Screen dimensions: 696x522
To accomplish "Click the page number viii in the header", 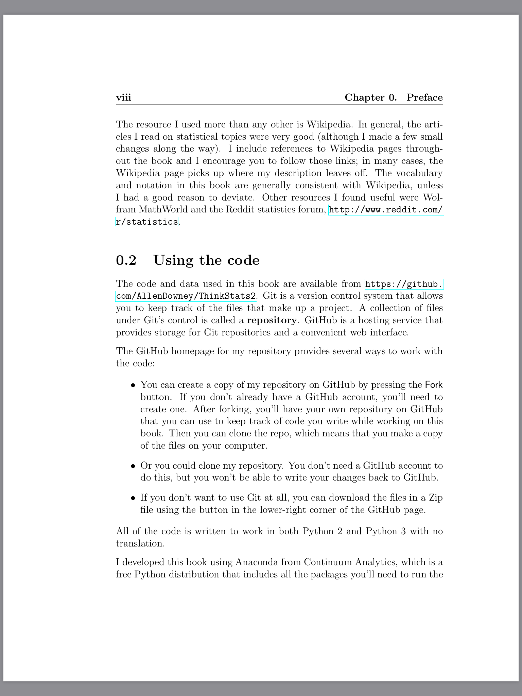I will pyautogui.click(x=123, y=98).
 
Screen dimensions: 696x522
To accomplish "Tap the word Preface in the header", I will pyautogui.click(x=424, y=98).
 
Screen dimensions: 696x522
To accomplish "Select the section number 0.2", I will pyautogui.click(x=126, y=260).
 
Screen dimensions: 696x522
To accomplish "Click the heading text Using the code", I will pyautogui.click(x=206, y=260).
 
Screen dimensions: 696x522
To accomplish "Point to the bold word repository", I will pyautogui.click(x=272, y=320).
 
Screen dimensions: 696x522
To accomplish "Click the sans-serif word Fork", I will pyautogui.click(x=434, y=385).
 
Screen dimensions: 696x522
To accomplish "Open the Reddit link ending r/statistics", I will pyautogui.click(x=147, y=222).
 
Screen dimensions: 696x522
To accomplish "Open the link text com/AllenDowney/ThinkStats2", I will pyautogui.click(x=186, y=296).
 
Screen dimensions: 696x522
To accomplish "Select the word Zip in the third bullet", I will pyautogui.click(x=436, y=498).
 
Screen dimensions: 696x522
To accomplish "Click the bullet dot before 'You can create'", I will pyautogui.click(x=134, y=385).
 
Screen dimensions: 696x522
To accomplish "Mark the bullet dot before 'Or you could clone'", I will pyautogui.click(x=134, y=466).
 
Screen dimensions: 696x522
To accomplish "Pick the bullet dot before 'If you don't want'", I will pyautogui.click(x=134, y=498).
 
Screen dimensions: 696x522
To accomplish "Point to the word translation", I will pyautogui.click(x=140, y=543).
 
